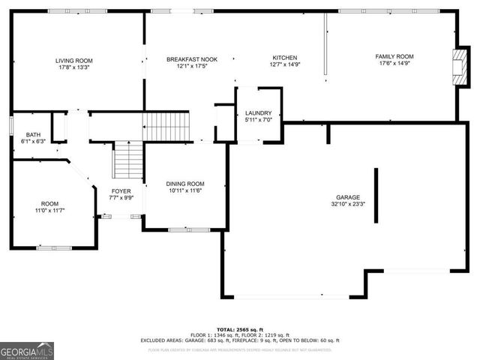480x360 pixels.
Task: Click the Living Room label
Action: click(x=73, y=60)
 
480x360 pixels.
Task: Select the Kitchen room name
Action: click(x=285, y=58)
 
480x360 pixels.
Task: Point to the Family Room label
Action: click(x=394, y=57)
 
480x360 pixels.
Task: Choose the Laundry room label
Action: click(x=259, y=113)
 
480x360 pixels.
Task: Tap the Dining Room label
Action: click(x=184, y=184)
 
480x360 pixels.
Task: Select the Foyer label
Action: click(x=121, y=191)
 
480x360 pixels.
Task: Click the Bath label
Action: click(x=34, y=134)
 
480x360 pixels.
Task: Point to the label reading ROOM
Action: click(x=49, y=203)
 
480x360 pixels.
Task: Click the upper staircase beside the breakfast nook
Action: click(x=166, y=126)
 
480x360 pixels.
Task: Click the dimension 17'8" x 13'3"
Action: click(x=73, y=67)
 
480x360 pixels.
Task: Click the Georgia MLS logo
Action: click(x=27, y=350)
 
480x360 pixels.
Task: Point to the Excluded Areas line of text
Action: click(x=240, y=340)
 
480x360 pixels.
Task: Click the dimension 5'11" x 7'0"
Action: click(x=259, y=120)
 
